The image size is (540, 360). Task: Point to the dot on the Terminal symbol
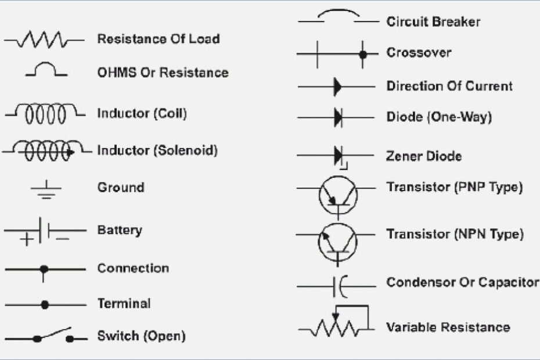pyautogui.click(x=45, y=304)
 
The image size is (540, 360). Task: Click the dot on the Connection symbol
pyautogui.click(x=44, y=269)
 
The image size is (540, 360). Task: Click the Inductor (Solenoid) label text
pyautogui.click(x=157, y=150)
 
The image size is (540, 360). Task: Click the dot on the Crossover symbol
pyautogui.click(x=363, y=54)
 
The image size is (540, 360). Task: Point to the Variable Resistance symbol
pyautogui.click(x=336, y=323)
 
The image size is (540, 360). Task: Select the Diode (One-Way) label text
pyautogui.click(x=439, y=117)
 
